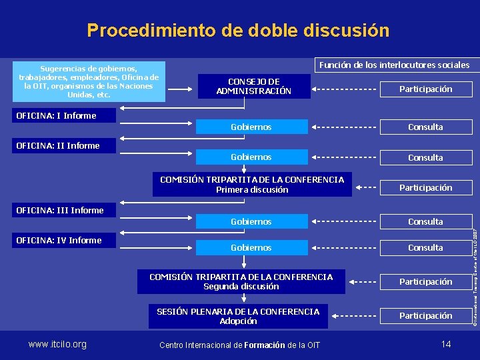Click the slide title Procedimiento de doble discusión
238,30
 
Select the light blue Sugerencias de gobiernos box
89,81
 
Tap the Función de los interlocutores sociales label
394,65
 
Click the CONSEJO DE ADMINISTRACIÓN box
253,86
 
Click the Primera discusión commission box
252,185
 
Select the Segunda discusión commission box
241,281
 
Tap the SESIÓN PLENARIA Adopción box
238,316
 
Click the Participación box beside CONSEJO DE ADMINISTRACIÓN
425,89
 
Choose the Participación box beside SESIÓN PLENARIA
425,316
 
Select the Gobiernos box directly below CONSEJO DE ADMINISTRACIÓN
251,127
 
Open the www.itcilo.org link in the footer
57,344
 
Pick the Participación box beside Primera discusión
425,188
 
